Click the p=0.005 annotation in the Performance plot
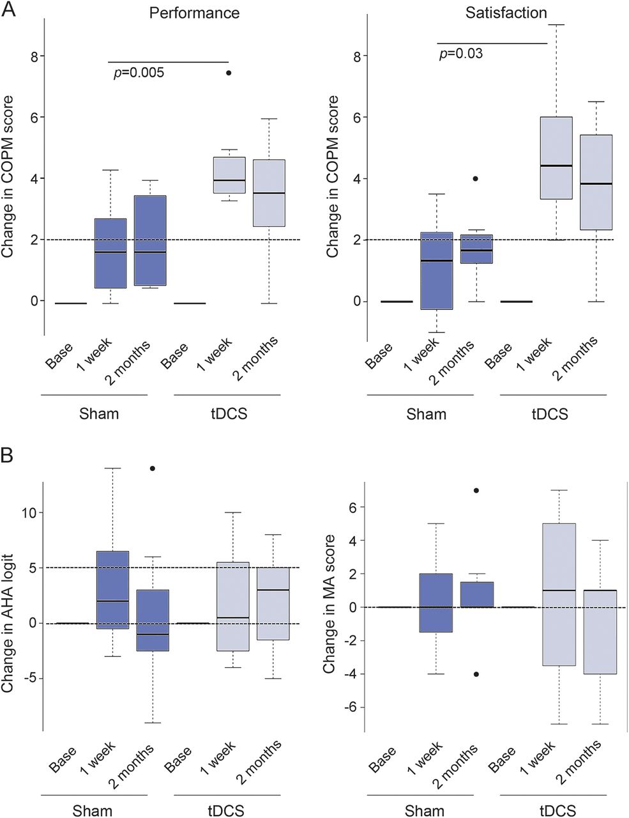139,72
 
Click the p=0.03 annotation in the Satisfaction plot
461,53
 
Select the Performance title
194,13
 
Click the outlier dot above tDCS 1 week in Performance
229,73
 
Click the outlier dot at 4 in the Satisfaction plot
475,179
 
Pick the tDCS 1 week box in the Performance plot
229,175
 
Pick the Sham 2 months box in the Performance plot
150,240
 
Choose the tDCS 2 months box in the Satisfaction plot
596,182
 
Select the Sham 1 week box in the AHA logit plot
112,590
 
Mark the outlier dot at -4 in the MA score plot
476,674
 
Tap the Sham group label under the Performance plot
98,413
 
